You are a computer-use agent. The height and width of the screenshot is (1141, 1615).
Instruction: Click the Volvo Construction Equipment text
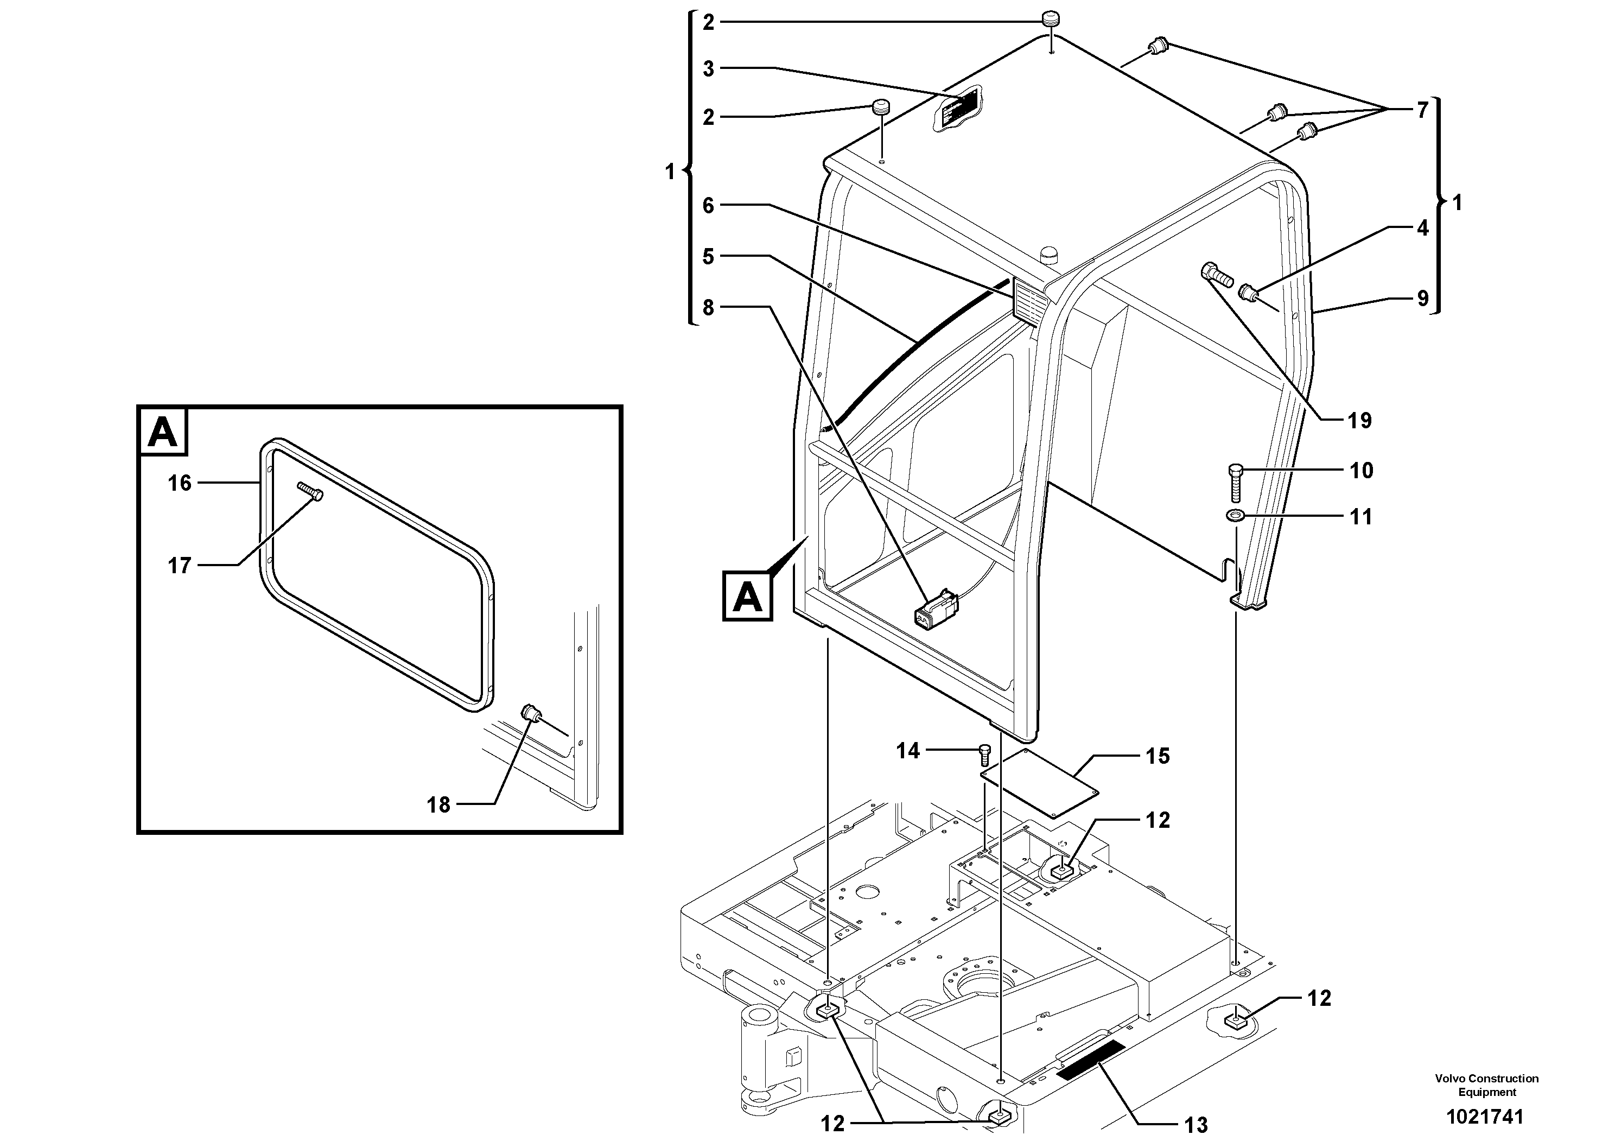click(x=1486, y=1085)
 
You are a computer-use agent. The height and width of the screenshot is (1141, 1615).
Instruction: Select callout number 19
click(x=1359, y=421)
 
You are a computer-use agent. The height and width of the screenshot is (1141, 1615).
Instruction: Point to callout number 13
click(x=1195, y=1125)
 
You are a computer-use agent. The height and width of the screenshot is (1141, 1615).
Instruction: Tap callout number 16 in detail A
click(x=180, y=483)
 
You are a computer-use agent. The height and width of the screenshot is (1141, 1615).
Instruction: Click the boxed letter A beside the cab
click(x=747, y=597)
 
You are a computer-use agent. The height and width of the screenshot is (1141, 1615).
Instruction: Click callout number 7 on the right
click(x=1422, y=110)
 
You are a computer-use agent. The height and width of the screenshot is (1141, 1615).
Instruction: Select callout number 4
click(x=1422, y=228)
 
